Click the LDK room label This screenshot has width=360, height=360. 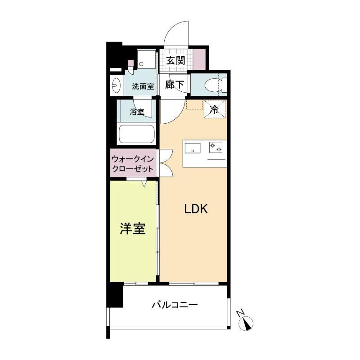click(x=195, y=209)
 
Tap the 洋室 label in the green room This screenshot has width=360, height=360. click(x=132, y=229)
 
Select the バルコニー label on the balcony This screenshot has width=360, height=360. click(x=175, y=305)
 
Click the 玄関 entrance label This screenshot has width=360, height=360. click(x=175, y=60)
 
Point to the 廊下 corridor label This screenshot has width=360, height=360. click(x=175, y=85)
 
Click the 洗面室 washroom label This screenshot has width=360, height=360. click(x=143, y=86)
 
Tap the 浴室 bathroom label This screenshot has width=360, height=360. click(x=138, y=112)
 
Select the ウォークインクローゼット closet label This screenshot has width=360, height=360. click(x=133, y=164)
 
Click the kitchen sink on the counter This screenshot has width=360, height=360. click(x=192, y=147)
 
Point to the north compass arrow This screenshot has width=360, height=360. click(x=248, y=323)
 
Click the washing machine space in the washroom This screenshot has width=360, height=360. click(x=145, y=58)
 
